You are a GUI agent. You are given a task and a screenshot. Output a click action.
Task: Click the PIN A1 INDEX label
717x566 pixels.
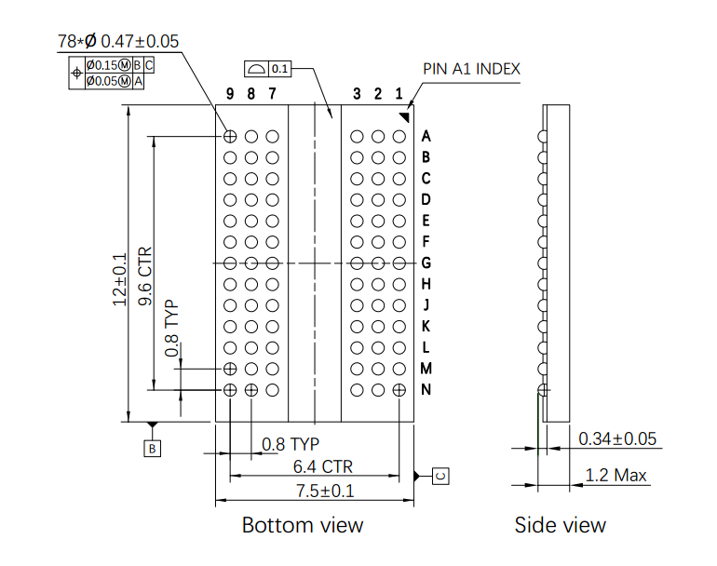pyautogui.click(x=471, y=69)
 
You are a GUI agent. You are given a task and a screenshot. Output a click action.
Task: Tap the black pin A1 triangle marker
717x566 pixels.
pyautogui.click(x=404, y=115)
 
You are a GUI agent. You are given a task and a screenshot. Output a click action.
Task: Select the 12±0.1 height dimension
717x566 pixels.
pyautogui.click(x=119, y=279)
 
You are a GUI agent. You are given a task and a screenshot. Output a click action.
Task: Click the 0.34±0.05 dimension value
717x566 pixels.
pyautogui.click(x=617, y=438)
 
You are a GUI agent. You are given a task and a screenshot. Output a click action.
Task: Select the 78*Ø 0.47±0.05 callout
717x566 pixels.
pyautogui.click(x=118, y=41)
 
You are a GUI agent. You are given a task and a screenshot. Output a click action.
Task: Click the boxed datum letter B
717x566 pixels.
pyautogui.click(x=153, y=449)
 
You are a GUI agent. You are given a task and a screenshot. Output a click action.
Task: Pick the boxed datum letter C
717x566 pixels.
pyautogui.click(x=440, y=476)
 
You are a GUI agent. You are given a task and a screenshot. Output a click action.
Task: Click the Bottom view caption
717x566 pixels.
pyautogui.click(x=303, y=525)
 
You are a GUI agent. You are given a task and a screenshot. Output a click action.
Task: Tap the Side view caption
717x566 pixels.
pyautogui.click(x=560, y=525)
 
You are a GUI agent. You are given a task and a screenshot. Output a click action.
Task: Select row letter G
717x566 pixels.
pyautogui.click(x=426, y=263)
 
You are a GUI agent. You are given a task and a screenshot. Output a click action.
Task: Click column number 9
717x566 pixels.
pyautogui.click(x=230, y=93)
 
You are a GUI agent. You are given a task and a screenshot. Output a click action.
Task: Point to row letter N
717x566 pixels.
pyautogui.click(x=426, y=389)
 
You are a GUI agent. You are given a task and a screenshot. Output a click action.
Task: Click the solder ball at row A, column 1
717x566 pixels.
pyautogui.click(x=399, y=136)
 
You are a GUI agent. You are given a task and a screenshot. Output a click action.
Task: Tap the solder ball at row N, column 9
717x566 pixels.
pyautogui.click(x=230, y=389)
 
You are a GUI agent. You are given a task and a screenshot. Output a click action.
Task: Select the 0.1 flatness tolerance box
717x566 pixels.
pyautogui.click(x=279, y=69)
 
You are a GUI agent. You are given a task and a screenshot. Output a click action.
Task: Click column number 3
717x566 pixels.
pyautogui.click(x=357, y=93)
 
